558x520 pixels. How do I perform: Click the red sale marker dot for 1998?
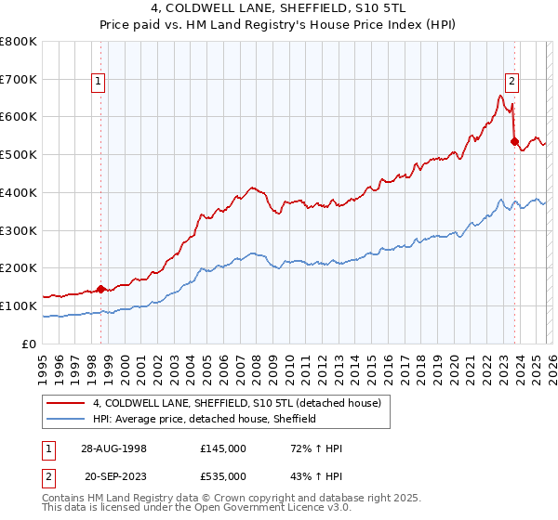tap(101, 289)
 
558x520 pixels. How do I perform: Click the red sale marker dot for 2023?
tap(514, 141)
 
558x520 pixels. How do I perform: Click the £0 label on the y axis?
tap(29, 344)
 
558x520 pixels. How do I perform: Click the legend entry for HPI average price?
tap(205, 419)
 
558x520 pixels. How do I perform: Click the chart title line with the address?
tap(278, 11)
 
